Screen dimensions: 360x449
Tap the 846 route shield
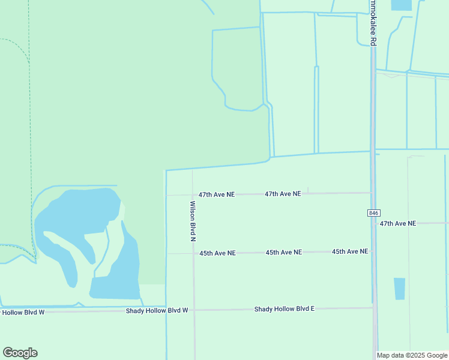373,213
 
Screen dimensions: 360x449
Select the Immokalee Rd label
373,24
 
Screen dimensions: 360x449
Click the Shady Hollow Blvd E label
284,309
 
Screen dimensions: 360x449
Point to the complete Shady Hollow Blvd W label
157,310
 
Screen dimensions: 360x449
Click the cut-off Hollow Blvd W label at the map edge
23,312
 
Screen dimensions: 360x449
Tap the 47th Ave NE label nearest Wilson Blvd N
217,195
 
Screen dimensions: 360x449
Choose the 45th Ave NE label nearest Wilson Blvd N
217,253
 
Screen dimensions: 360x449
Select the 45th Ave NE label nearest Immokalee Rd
349,251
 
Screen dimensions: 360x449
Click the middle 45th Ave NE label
283,253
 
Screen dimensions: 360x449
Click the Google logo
20,353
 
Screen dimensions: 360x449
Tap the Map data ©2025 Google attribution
412,355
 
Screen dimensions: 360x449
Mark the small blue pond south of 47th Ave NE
399,289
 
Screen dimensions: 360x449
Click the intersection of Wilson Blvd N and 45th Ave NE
193,253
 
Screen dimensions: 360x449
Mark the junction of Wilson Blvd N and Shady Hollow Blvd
194,310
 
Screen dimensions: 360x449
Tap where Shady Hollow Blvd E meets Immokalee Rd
374,308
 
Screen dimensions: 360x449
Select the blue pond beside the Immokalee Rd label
400,5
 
